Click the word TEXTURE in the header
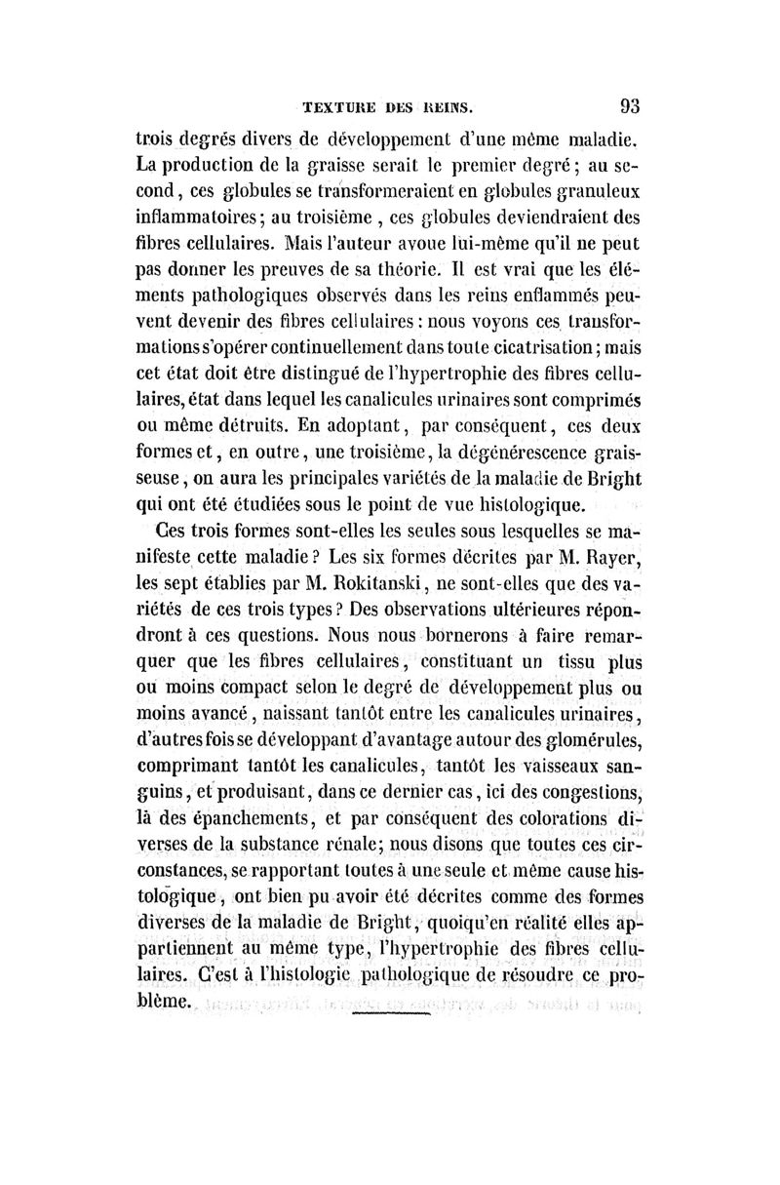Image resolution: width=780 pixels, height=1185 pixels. tap(342, 106)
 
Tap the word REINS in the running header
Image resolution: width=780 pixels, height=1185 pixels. tap(447, 106)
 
